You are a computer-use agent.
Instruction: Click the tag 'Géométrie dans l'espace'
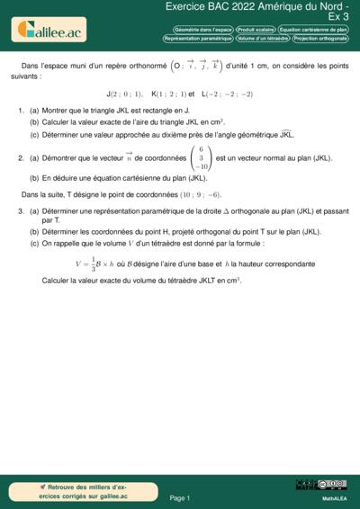point(198,29)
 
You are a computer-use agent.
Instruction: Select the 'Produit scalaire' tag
point(256,29)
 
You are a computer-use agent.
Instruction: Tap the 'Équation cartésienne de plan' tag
point(314,29)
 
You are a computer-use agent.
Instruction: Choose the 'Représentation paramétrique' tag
point(199,39)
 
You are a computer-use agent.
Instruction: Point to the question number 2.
point(21,158)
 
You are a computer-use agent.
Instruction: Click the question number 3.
point(21,210)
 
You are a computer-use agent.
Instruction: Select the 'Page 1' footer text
point(180,497)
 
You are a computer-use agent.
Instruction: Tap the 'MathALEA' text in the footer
point(335,496)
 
